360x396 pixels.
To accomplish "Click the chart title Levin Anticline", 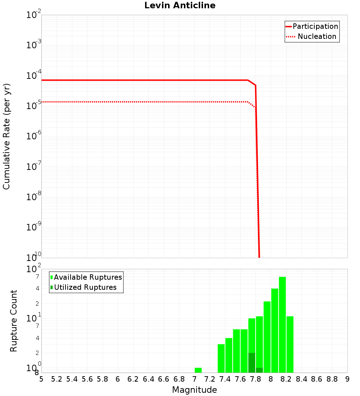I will click(x=180, y=6).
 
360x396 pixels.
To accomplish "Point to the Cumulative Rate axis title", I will click(x=7, y=136).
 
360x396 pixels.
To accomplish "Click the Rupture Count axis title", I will click(x=14, y=321).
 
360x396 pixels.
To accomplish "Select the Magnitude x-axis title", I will click(x=194, y=390).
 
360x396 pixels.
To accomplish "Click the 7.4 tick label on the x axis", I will click(x=225, y=379).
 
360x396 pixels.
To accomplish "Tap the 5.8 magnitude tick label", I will click(x=103, y=379).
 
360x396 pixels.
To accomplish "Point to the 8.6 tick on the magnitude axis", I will click(x=317, y=379).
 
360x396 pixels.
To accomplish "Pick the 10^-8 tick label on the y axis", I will click(x=34, y=197).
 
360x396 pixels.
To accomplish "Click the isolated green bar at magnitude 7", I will click(x=198, y=370).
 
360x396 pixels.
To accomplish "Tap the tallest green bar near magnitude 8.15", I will click(x=282, y=324).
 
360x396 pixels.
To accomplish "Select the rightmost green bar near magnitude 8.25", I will click(x=290, y=344).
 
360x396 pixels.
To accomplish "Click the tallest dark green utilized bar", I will click(x=252, y=363).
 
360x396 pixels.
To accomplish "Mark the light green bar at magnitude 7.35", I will click(x=221, y=358).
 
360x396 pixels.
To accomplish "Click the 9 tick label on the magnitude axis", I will click(x=347, y=379).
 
